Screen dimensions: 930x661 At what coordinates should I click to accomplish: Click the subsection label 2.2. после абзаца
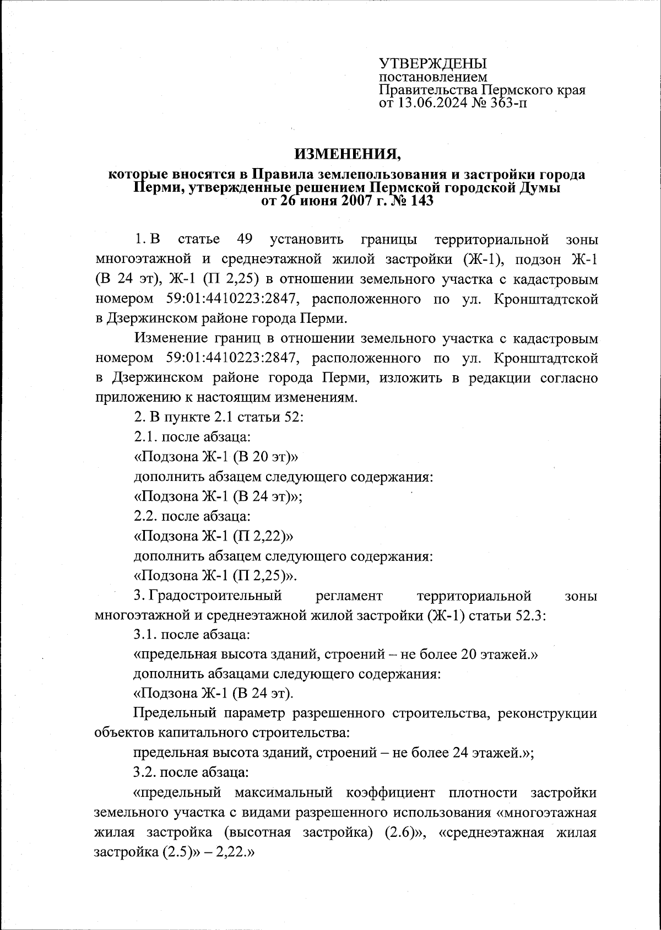click(192, 516)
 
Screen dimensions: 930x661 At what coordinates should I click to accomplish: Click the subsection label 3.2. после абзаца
click(192, 772)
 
